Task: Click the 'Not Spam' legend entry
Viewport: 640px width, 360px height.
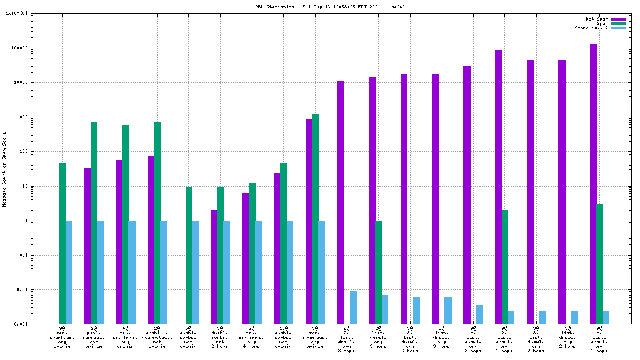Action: click(x=598, y=19)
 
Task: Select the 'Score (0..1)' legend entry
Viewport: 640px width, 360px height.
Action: click(x=592, y=28)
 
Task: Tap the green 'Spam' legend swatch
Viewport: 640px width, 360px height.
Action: click(x=618, y=23)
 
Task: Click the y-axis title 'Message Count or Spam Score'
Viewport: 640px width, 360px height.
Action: click(x=4, y=169)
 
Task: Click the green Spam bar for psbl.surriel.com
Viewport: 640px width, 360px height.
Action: click(x=94, y=222)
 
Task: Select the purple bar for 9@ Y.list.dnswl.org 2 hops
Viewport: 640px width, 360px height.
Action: click(x=593, y=183)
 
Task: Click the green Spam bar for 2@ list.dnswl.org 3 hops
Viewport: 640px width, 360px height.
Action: click(x=378, y=272)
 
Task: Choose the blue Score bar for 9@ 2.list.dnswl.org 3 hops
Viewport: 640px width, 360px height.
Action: click(x=353, y=307)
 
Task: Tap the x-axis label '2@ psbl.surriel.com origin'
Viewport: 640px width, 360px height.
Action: click(x=93, y=337)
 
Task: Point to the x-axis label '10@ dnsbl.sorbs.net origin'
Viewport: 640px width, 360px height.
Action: click(x=283, y=337)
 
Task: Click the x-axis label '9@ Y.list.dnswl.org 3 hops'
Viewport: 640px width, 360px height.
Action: click(x=473, y=339)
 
